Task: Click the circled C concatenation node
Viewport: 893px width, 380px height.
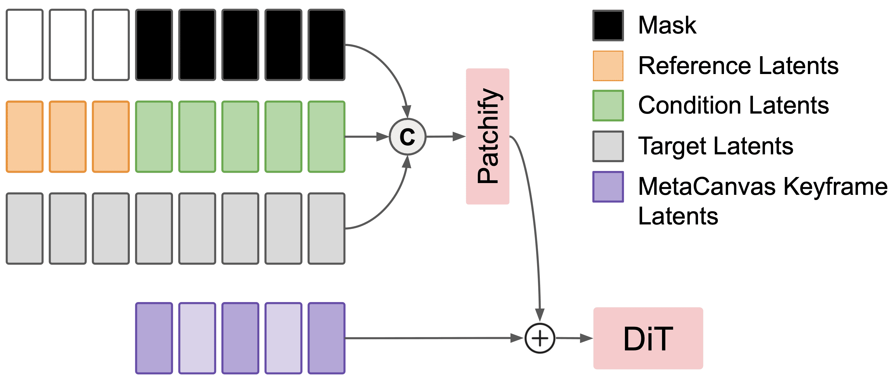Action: [x=407, y=137]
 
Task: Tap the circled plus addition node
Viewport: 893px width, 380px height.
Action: [x=540, y=338]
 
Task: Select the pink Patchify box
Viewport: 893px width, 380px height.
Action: [x=487, y=136]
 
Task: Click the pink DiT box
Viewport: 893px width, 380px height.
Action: [x=648, y=338]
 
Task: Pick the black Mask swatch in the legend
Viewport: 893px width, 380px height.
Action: [x=608, y=25]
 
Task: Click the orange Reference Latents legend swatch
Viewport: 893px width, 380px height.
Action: [x=608, y=66]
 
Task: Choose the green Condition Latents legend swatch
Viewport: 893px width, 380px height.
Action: [x=608, y=105]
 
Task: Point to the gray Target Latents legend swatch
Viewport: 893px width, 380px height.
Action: [x=608, y=146]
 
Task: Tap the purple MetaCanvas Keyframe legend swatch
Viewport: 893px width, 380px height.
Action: [x=608, y=187]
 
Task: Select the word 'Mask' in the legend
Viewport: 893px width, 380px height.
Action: [x=667, y=25]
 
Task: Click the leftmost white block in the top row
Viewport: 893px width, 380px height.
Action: [x=25, y=45]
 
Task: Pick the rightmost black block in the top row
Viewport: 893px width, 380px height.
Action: [x=326, y=45]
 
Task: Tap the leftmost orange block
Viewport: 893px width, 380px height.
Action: [x=25, y=137]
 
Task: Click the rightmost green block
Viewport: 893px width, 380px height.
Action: [x=326, y=137]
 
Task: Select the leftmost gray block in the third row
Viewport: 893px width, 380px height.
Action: [x=25, y=228]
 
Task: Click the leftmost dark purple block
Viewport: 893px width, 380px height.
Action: [x=154, y=338]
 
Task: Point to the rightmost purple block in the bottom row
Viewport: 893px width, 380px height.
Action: [x=326, y=338]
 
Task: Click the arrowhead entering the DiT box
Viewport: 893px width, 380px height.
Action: [x=586, y=338]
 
